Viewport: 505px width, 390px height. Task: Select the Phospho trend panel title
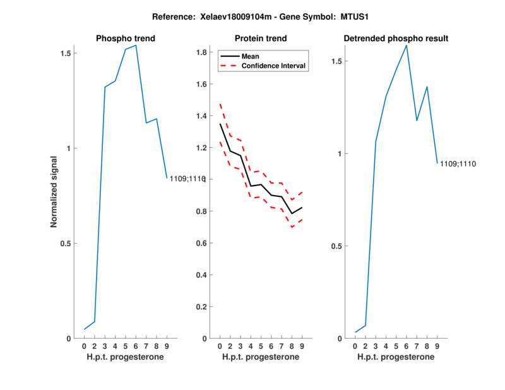coord(126,38)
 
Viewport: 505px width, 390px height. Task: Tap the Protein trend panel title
coord(261,38)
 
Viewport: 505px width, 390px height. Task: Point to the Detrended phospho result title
coord(396,38)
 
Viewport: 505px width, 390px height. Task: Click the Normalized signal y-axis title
coord(54,192)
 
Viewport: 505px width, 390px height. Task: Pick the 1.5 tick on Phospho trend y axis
coord(64,54)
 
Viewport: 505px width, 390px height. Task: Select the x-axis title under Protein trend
coord(261,357)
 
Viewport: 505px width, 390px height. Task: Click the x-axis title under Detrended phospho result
coord(396,357)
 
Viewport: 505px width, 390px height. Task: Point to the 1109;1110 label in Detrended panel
coord(458,164)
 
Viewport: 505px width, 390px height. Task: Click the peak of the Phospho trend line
coord(136,45)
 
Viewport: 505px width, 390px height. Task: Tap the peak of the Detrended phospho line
coord(407,45)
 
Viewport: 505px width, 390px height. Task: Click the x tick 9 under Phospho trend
coord(167,346)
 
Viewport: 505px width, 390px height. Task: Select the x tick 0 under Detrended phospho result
coord(355,346)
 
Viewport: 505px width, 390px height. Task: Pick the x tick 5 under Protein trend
coord(261,346)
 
